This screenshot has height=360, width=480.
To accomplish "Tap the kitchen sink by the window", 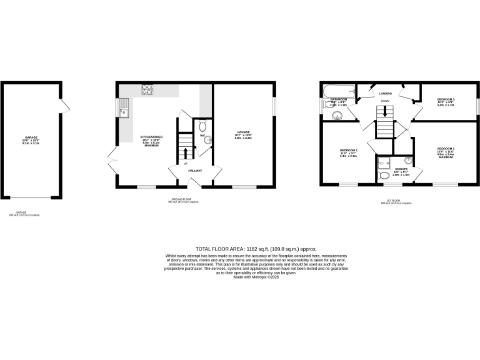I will tap(124, 109).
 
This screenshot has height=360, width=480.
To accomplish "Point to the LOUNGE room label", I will tap(243, 132).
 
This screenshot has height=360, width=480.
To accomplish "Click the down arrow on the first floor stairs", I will tap(384, 111).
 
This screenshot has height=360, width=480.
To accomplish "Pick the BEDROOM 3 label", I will tap(446, 100).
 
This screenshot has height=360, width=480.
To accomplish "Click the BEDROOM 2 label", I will tap(348, 151).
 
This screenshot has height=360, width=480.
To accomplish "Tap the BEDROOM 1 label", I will tap(446, 149).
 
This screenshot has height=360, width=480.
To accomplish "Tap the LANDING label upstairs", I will tap(385, 93).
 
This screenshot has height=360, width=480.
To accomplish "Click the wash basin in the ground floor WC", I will tap(209, 141).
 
